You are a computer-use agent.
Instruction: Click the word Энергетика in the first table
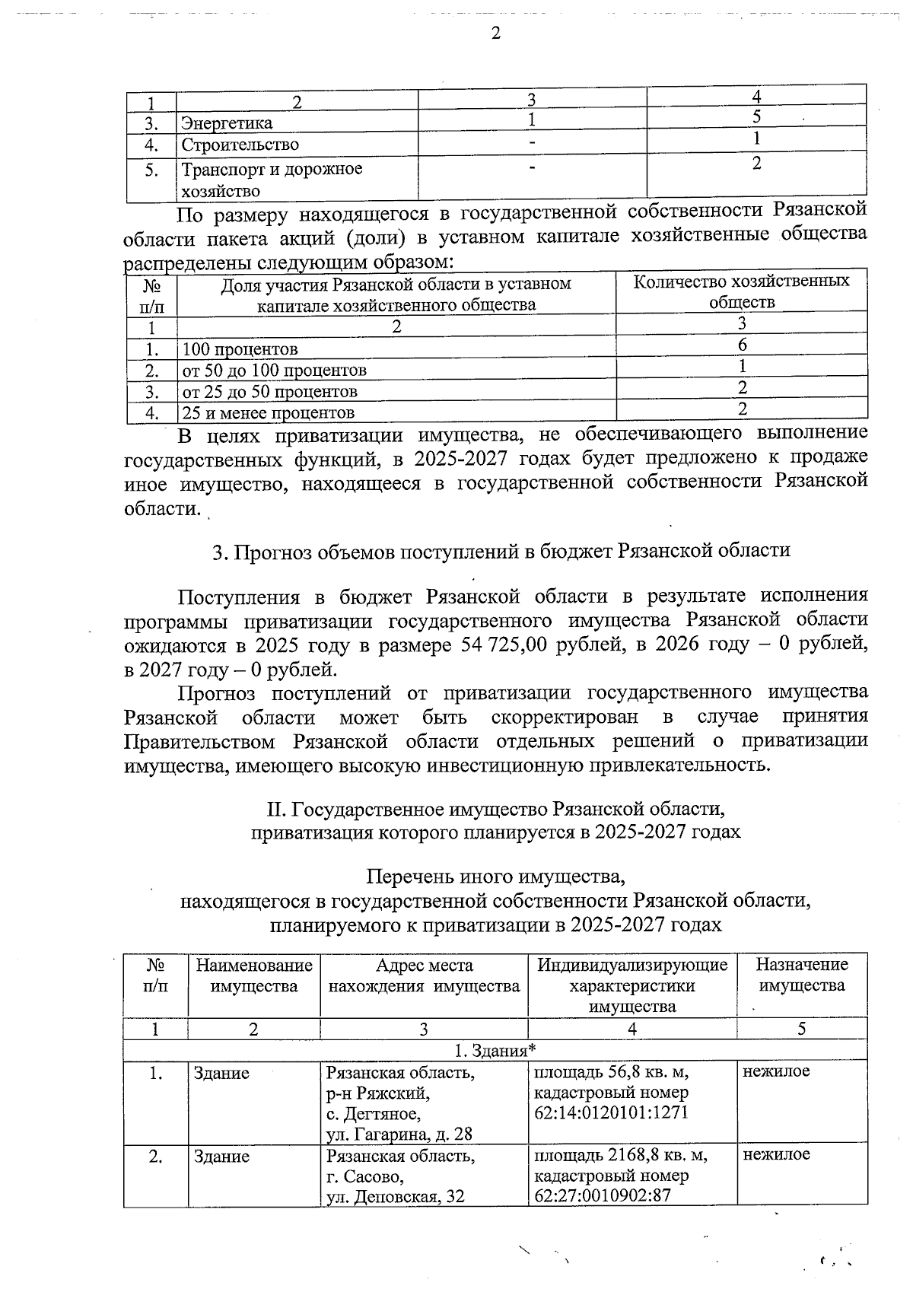tap(226, 123)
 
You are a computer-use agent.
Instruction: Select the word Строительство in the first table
tap(240, 145)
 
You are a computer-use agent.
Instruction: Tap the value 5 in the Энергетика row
tap(756, 117)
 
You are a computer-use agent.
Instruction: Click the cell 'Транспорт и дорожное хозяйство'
tap(271, 180)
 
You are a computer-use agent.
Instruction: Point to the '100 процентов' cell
tap(240, 350)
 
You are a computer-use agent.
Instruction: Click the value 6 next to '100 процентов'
tap(742, 345)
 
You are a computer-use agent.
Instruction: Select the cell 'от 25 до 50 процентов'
tap(269, 392)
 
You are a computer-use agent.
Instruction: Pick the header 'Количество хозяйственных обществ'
tap(742, 291)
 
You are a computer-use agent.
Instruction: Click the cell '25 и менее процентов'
tap(268, 413)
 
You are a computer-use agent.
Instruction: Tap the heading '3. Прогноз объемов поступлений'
tap(501, 551)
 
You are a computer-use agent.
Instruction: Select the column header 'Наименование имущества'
tap(254, 975)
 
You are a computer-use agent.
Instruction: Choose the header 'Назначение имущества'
tap(801, 975)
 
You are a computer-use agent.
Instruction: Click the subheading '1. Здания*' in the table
tap(495, 1051)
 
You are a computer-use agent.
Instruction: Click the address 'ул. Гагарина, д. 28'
tap(399, 1134)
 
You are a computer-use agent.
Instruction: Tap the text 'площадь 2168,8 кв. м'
tap(620, 1155)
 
